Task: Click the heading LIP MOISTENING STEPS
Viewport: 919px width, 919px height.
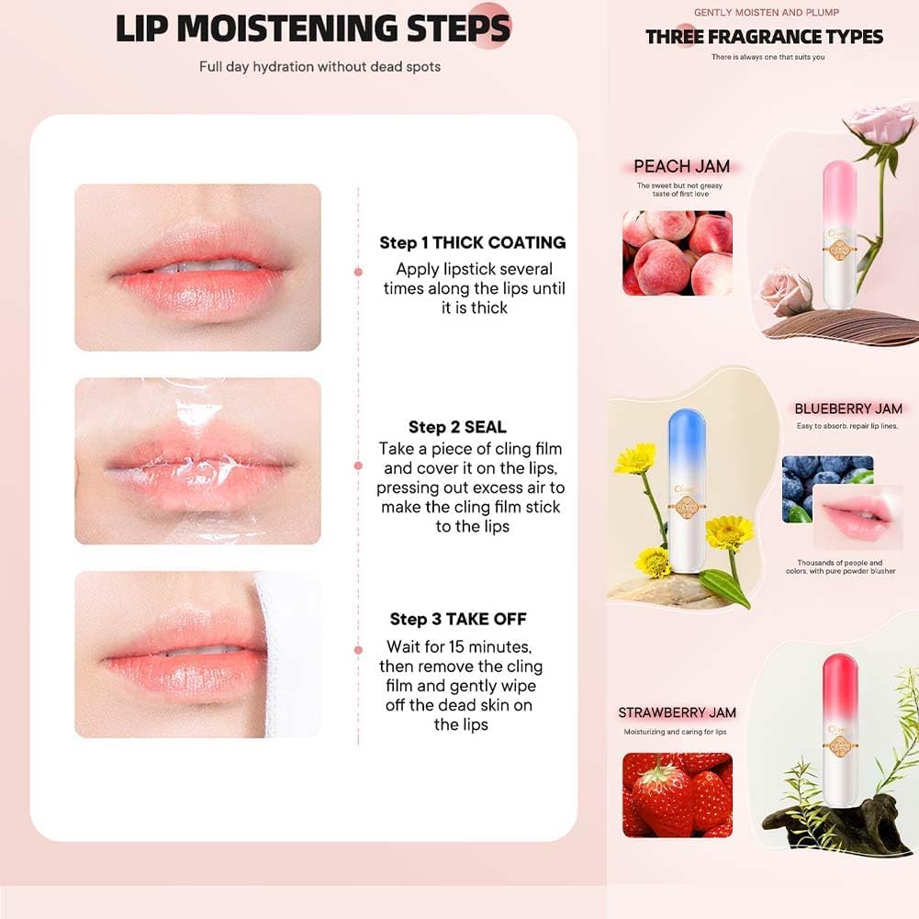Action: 312,29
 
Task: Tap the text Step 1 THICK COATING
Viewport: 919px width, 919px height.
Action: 472,242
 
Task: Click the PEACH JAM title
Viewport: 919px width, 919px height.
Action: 681,166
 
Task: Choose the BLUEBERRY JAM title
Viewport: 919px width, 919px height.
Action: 848,409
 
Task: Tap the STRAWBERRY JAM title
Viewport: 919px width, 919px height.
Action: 677,712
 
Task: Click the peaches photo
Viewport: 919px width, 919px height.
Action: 677,252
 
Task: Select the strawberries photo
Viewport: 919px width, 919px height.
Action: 677,794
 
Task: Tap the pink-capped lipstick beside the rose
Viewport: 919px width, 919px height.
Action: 838,234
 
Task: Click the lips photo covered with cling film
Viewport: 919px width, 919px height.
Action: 197,461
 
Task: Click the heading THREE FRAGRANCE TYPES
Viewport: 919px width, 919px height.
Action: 764,37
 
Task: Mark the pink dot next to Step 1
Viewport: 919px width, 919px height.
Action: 358,271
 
